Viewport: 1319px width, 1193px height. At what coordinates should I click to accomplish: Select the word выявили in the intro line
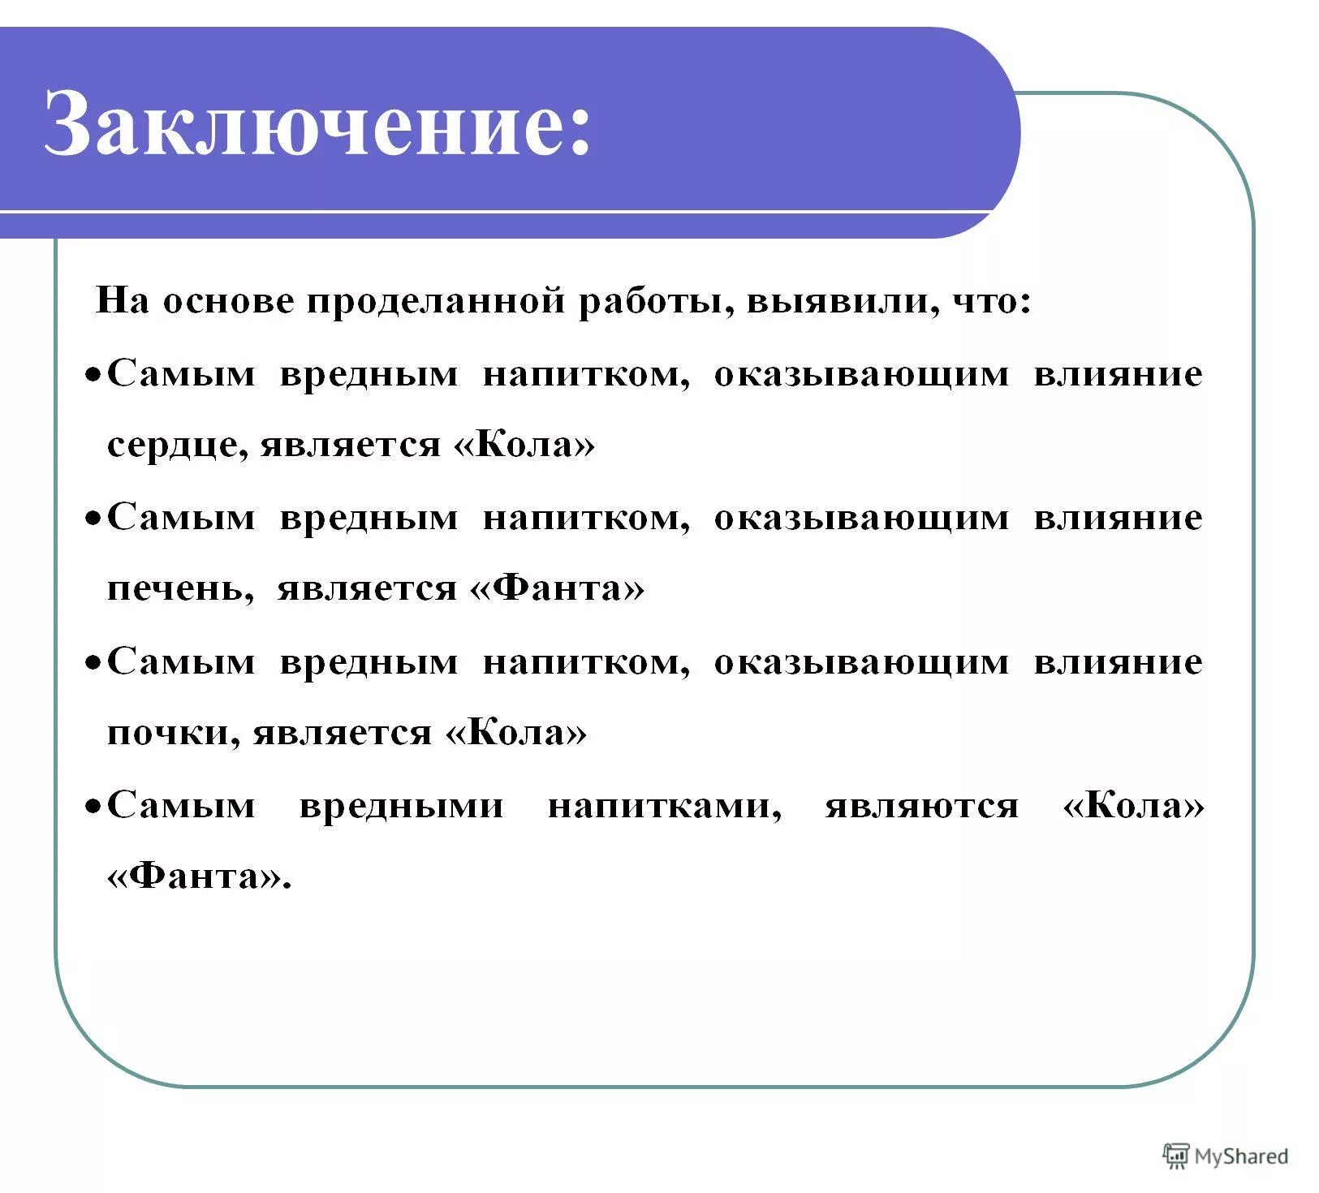coord(838,301)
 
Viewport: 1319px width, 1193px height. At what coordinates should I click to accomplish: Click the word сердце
coord(172,445)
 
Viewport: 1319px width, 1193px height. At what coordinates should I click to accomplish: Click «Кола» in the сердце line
coord(524,445)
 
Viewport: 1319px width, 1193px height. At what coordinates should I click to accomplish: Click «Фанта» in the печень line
coord(557,588)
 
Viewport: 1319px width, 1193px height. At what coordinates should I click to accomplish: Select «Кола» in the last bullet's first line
coord(1133,805)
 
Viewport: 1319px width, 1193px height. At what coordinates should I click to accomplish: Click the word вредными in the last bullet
coord(401,805)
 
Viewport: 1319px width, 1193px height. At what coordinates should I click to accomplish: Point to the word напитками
coord(664,805)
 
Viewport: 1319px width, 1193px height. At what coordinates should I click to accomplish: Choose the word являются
coord(921,805)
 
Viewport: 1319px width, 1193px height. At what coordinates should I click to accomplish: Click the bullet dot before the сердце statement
coord(94,376)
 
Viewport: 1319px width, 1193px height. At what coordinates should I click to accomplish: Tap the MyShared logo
coord(1225,1156)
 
